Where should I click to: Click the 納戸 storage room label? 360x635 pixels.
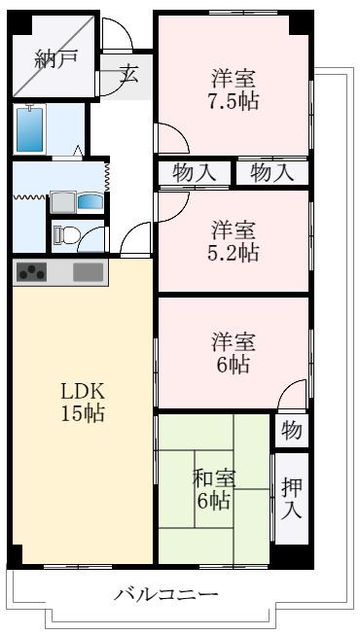click(56, 60)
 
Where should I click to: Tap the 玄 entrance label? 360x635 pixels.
click(128, 75)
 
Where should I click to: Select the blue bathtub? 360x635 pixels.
click(29, 129)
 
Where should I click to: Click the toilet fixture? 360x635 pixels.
click(65, 235)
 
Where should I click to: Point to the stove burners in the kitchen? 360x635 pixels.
click(31, 272)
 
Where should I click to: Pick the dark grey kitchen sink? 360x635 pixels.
click(88, 272)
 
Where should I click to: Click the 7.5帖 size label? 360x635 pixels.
click(233, 101)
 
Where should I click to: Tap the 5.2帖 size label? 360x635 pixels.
click(233, 254)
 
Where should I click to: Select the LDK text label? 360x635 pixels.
click(83, 393)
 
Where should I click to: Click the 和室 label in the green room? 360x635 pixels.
click(214, 480)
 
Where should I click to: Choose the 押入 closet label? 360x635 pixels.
click(292, 498)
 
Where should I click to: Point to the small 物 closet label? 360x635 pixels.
click(292, 431)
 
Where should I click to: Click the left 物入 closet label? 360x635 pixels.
click(194, 174)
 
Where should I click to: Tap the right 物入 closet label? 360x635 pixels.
click(271, 174)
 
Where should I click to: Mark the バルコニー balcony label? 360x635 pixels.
click(165, 595)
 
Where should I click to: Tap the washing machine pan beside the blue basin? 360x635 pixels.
click(63, 202)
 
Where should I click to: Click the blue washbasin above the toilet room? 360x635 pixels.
click(90, 201)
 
